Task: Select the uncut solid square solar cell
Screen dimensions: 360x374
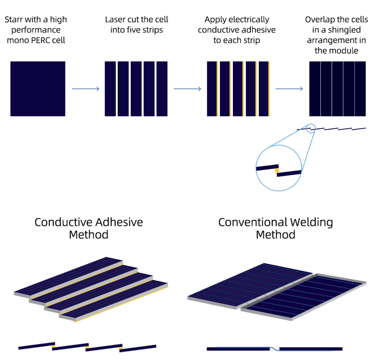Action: pos(38,89)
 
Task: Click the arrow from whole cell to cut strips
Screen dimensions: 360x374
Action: pos(86,89)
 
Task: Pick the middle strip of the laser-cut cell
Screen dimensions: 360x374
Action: pos(137,89)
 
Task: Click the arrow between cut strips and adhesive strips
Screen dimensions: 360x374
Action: pos(187,89)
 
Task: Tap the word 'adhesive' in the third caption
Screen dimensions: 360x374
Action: pos(251,30)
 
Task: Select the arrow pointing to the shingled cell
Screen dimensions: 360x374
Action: pos(289,89)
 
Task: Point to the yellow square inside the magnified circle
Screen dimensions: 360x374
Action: pos(277,171)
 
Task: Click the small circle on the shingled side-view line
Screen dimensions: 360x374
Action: pos(311,129)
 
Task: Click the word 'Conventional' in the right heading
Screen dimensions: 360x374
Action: pos(252,222)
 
